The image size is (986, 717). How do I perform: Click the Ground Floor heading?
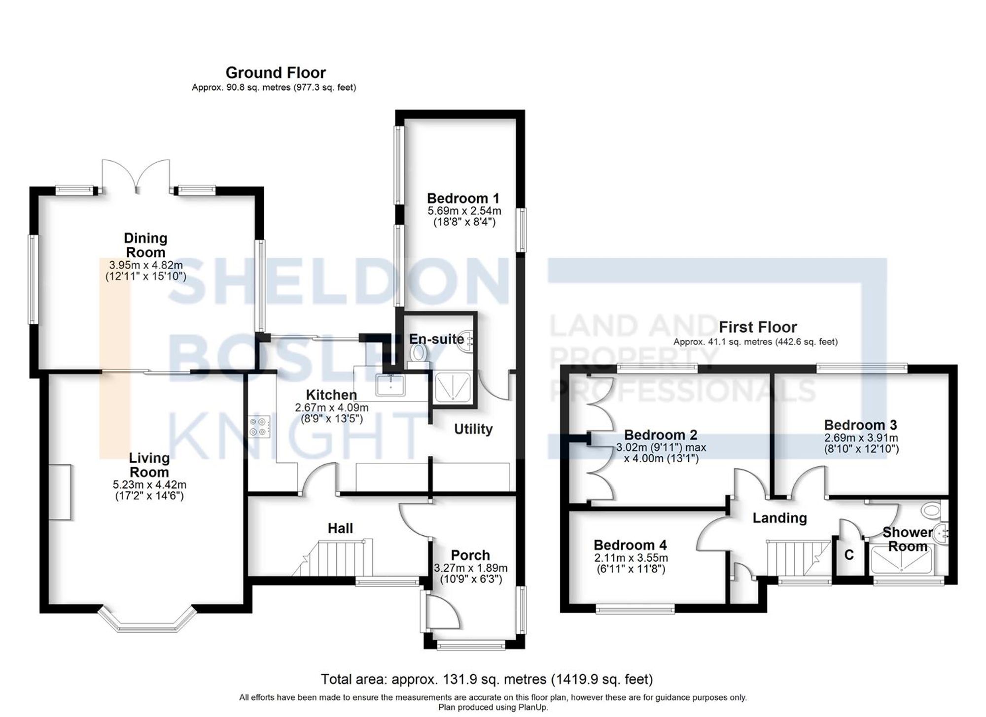(276, 73)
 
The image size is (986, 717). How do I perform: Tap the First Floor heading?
(757, 327)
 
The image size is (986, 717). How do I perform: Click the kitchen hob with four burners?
(260, 426)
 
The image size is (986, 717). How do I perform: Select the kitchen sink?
(390, 384)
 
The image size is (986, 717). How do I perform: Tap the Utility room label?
(473, 429)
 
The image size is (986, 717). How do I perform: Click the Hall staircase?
(335, 558)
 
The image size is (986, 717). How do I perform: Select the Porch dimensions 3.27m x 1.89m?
(470, 573)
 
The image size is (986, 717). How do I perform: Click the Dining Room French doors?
(136, 176)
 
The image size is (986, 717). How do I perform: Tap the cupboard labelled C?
(849, 555)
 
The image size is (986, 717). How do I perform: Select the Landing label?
(779, 518)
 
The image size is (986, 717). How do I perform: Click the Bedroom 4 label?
(630, 545)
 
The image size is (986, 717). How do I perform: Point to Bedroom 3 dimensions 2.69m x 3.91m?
(861, 443)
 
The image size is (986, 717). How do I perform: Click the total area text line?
(487, 680)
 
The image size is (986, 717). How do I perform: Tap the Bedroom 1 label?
(463, 199)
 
